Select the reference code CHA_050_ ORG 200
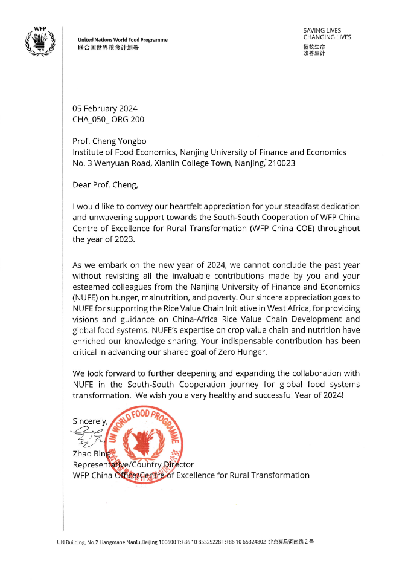108,120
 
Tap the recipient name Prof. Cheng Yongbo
109,141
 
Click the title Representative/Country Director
133,464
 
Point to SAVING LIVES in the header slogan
322,30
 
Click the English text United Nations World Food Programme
123,40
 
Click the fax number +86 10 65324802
245,542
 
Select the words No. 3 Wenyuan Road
107,163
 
